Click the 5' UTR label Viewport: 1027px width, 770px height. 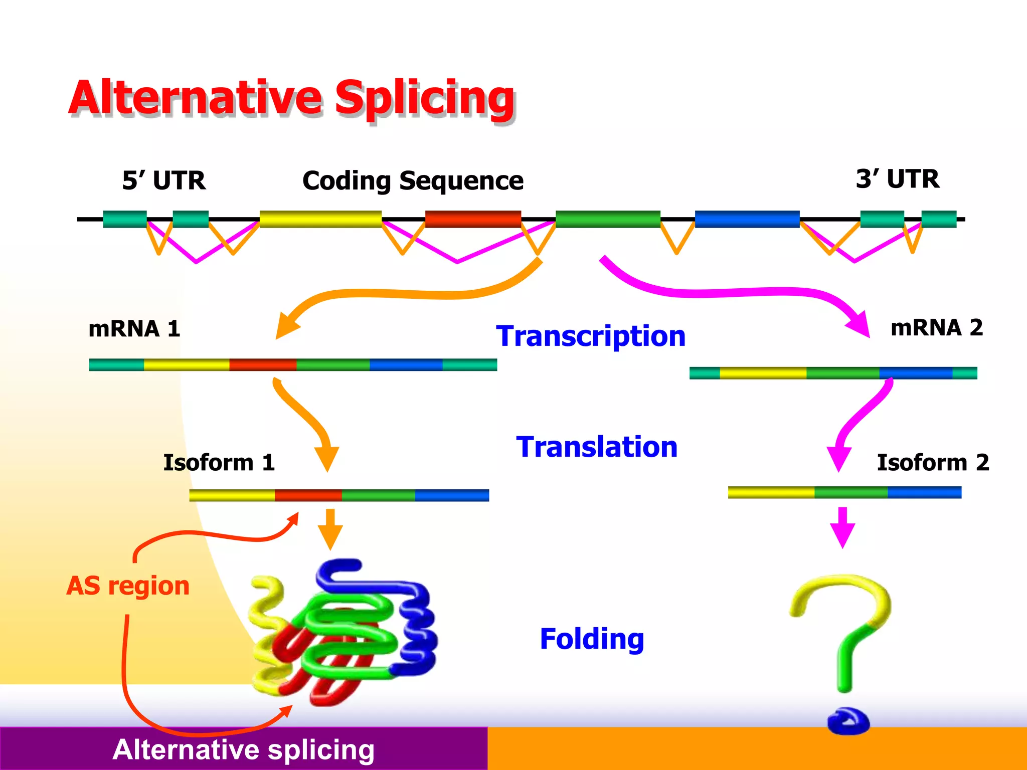(163, 180)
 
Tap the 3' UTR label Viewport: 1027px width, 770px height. (897, 179)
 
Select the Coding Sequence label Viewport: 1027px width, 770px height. (413, 181)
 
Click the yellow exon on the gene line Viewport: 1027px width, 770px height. (320, 219)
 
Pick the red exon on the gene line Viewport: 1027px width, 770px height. (473, 219)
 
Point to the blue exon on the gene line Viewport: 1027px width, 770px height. (747, 219)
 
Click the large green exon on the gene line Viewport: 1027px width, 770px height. (608, 219)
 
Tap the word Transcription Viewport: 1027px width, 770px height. (591, 336)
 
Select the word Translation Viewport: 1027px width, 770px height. (597, 447)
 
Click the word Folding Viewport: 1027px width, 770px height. (592, 639)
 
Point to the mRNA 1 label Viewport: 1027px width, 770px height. (134, 329)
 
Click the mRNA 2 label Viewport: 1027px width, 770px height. (936, 328)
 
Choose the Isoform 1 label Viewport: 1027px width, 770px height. (219, 462)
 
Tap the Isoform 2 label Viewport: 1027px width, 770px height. (933, 462)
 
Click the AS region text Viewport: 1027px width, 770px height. (128, 586)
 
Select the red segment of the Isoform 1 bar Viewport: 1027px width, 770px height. (308, 495)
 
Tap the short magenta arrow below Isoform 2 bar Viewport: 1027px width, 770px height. (842, 527)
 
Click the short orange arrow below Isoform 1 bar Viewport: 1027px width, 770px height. (330, 529)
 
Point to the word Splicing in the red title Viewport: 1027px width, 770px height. (424, 98)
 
